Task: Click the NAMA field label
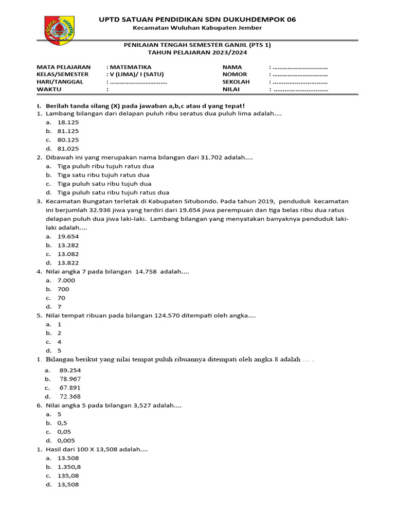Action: pyautogui.click(x=232, y=67)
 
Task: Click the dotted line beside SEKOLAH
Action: pyautogui.click(x=300, y=82)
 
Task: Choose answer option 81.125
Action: pyautogui.click(x=68, y=131)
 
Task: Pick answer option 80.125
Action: pyautogui.click(x=68, y=140)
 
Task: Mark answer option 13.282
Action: pyautogui.click(x=68, y=245)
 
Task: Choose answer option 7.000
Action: pyautogui.click(x=66, y=280)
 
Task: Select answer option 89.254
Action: pyautogui.click(x=70, y=370)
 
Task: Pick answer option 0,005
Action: pyautogui.click(x=66, y=441)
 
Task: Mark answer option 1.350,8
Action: pyautogui.click(x=69, y=467)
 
